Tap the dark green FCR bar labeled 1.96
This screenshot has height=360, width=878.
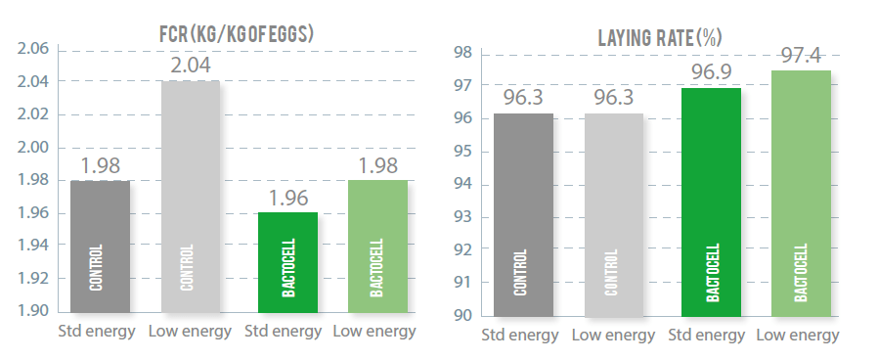[x=288, y=264]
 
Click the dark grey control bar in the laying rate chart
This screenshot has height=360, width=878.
[x=523, y=215]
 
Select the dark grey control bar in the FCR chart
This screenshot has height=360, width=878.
[x=100, y=248]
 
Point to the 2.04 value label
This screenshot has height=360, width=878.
[x=190, y=67]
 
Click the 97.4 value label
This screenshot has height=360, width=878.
[x=801, y=55]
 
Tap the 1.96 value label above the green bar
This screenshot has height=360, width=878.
[x=288, y=199]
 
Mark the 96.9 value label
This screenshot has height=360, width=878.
[x=711, y=72]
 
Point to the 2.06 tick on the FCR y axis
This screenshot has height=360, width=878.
[x=34, y=49]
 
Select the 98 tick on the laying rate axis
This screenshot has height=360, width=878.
[x=463, y=53]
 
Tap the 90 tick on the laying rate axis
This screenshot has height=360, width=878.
[x=463, y=315]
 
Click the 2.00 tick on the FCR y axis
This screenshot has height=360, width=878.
[x=34, y=147]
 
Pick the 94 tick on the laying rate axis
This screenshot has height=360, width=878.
[x=463, y=184]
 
